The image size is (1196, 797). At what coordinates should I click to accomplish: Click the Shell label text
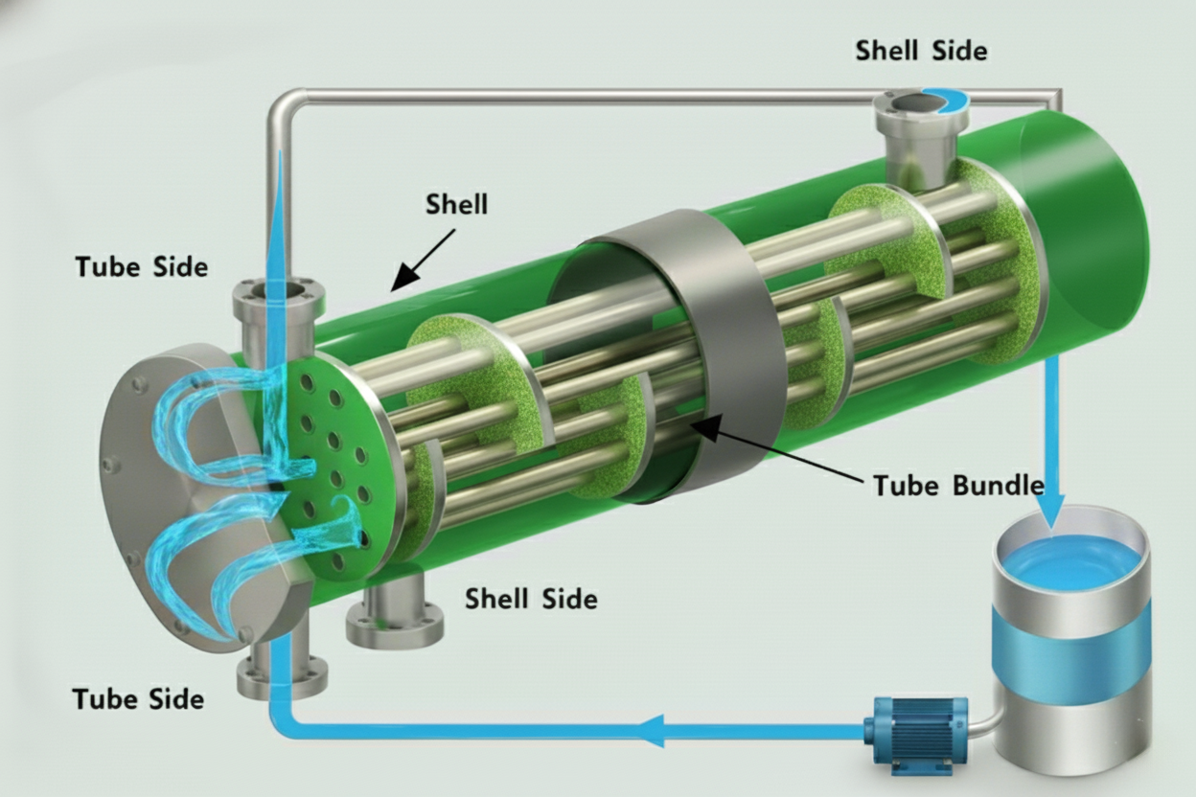click(456, 204)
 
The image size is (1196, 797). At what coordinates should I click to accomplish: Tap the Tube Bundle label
click(957, 485)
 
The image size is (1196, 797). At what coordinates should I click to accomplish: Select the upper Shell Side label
click(920, 50)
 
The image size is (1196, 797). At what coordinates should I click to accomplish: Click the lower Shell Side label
click(531, 599)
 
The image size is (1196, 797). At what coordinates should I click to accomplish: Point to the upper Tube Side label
click(141, 266)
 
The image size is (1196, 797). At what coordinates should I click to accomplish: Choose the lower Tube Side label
click(138, 698)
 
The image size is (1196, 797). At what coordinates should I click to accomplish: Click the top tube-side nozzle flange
click(277, 293)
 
